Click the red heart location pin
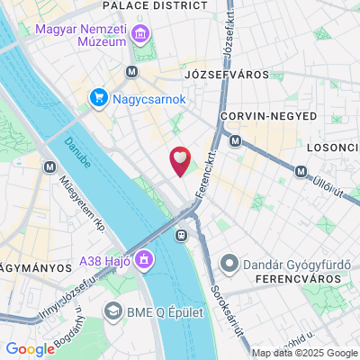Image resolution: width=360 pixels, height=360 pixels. (181, 160)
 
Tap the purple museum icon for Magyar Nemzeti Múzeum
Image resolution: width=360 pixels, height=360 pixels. (140, 36)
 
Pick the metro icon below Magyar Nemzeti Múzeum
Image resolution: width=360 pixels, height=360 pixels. (132, 72)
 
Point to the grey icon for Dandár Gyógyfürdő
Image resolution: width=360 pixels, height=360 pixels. (229, 265)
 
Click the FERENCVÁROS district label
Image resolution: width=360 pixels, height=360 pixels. (284, 281)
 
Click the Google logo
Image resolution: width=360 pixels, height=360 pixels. (31, 349)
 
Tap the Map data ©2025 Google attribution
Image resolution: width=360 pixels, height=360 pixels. (303, 353)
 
